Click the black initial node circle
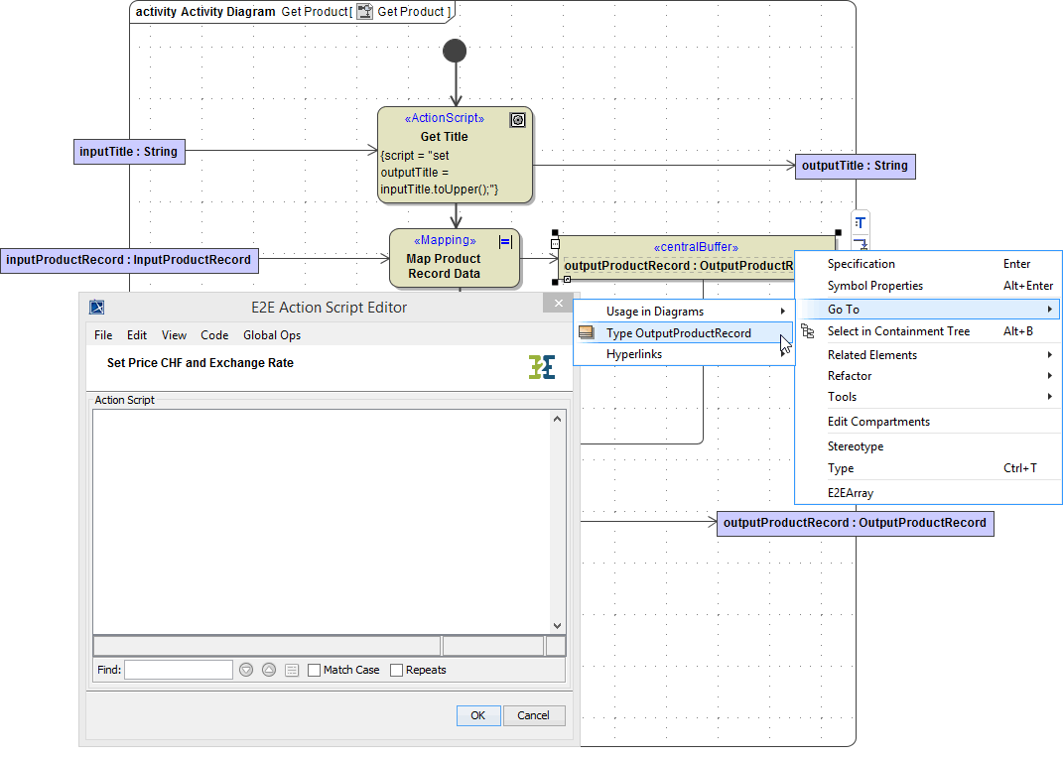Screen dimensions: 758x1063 click(456, 51)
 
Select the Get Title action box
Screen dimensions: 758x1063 click(455, 155)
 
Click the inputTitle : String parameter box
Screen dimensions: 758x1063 click(130, 152)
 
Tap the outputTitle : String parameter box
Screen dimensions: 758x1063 click(855, 166)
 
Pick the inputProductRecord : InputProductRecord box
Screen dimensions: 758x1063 click(129, 260)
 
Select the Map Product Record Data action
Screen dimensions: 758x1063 click(454, 259)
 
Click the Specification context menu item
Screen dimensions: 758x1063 click(861, 264)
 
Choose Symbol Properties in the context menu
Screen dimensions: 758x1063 click(874, 286)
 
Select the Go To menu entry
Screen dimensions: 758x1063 click(844, 310)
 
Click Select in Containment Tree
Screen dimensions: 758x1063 click(898, 331)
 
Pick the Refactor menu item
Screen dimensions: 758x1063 click(850, 376)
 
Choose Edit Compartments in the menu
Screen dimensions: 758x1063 click(878, 422)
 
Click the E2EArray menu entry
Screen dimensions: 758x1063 click(851, 493)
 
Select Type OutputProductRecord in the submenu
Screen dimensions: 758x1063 click(678, 333)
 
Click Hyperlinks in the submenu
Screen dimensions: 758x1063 click(633, 354)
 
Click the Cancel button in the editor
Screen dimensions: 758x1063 click(533, 715)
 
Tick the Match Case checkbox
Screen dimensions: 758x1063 click(315, 671)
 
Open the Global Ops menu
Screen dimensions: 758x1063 click(271, 335)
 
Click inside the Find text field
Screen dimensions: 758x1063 click(178, 670)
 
